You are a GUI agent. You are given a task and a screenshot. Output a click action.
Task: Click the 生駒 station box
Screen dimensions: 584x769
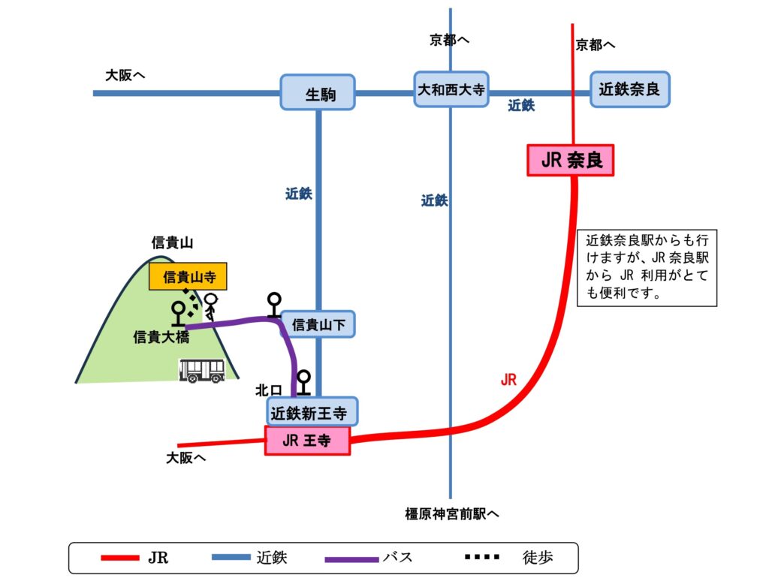point(318,92)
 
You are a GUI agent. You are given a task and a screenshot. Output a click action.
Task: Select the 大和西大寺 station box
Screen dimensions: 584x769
point(451,90)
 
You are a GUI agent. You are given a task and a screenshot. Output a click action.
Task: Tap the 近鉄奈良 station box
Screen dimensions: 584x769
point(629,89)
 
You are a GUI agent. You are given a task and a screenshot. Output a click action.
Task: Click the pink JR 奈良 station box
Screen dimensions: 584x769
point(571,161)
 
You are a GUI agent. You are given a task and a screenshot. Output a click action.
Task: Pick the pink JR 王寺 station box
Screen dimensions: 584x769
point(308,441)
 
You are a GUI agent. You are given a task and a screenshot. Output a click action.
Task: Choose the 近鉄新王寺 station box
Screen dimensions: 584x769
point(312,411)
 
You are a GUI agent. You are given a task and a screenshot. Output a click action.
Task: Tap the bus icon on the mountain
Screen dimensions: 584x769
point(201,371)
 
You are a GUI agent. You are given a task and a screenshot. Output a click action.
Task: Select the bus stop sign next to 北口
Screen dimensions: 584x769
point(303,382)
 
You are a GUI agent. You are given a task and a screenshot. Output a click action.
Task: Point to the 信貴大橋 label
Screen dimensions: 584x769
point(161,338)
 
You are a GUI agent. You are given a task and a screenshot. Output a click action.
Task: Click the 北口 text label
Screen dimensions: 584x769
point(268,390)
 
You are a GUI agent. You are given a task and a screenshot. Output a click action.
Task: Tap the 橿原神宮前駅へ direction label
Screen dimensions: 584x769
point(452,514)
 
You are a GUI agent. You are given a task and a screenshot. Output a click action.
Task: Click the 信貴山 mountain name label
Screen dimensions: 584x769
point(173,242)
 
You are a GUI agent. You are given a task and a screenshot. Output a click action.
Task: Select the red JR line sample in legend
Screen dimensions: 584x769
point(120,558)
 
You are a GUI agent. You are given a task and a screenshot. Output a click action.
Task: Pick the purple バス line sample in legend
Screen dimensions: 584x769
point(351,558)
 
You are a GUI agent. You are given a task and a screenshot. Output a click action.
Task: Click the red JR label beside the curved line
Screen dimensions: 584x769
point(508,380)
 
